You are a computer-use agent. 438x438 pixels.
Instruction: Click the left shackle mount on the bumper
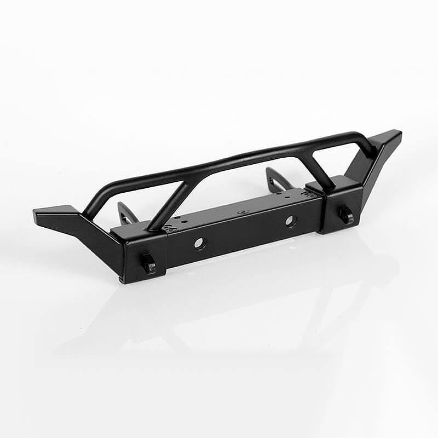(149, 265)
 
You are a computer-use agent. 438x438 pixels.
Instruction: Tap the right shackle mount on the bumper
(346, 214)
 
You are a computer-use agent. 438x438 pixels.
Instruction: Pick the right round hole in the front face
(290, 221)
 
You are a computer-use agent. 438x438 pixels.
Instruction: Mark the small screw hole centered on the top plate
(239, 211)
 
